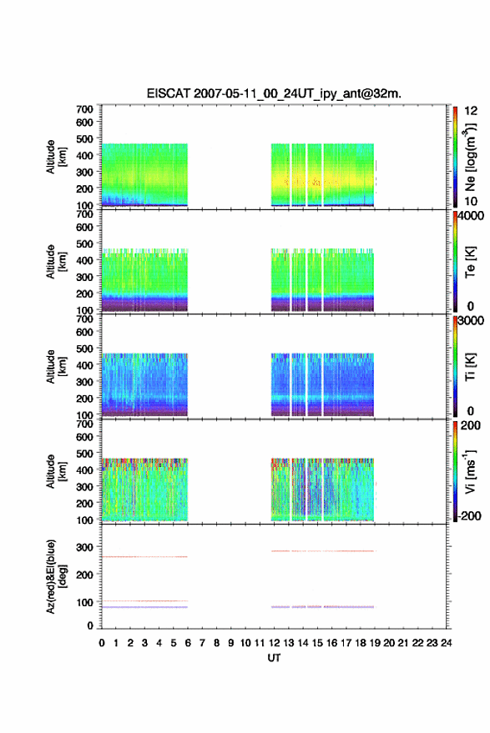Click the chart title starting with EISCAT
click(274, 93)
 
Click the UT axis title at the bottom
click(274, 658)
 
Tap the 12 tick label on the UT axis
click(275, 643)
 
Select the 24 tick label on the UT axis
click(446, 643)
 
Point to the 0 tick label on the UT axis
click(102, 643)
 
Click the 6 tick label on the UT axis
click(188, 643)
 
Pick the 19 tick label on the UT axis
click(375, 643)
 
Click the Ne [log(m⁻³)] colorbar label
click(471, 157)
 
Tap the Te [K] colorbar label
click(470, 262)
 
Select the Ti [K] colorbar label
click(470, 367)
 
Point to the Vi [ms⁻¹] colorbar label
click(470, 471)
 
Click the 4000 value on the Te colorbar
click(471, 216)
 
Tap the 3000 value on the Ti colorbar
click(471, 321)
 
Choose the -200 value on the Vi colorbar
click(469, 516)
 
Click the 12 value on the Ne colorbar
click(471, 111)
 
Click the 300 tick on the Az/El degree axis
click(84, 547)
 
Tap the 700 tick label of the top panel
click(84, 109)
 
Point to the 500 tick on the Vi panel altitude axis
click(84, 454)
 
